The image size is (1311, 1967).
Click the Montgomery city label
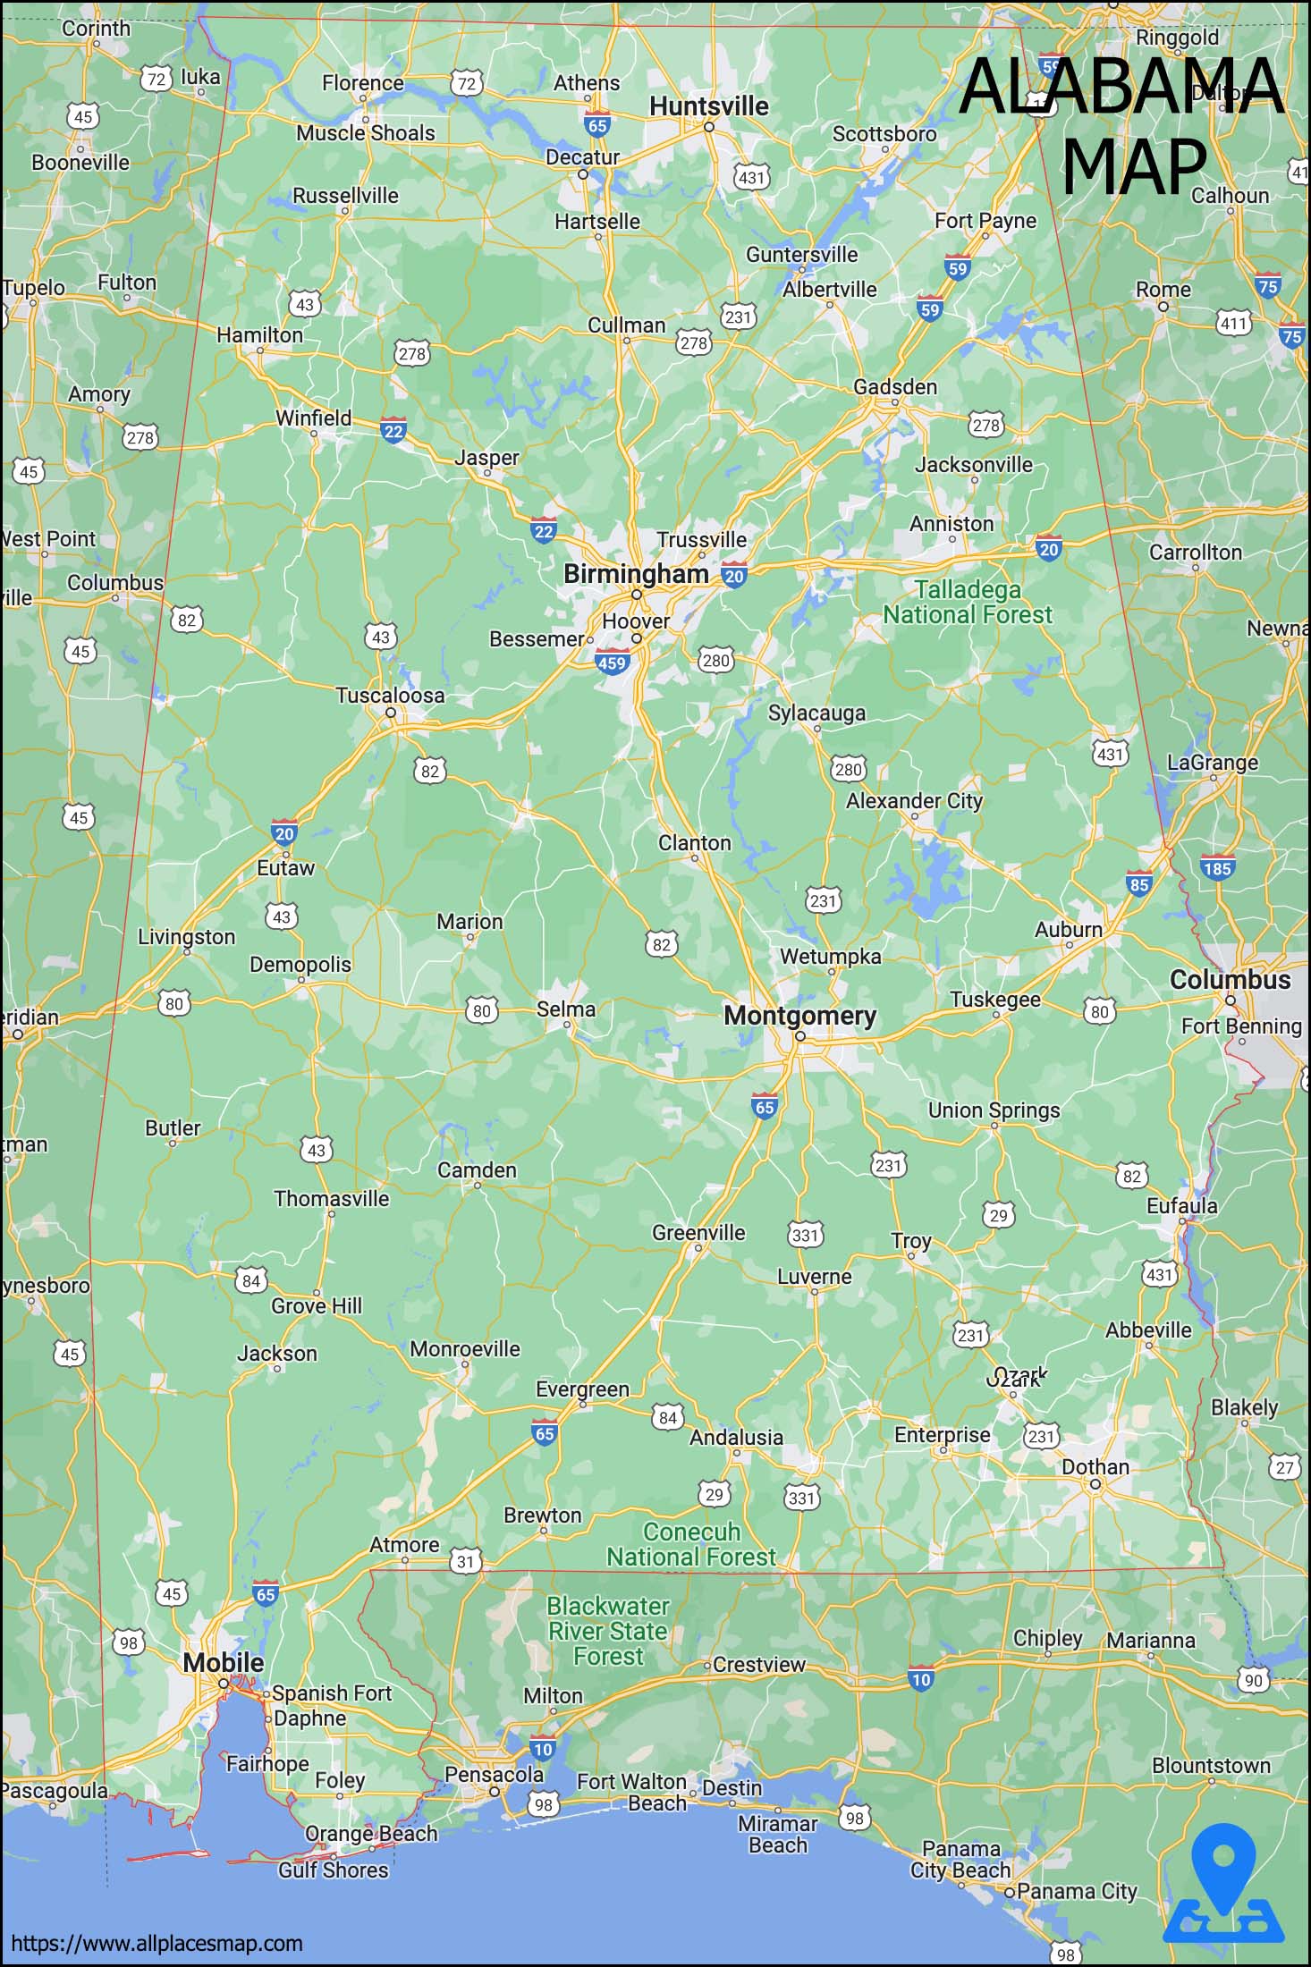[799, 1016]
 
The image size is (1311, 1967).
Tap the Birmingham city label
[636, 574]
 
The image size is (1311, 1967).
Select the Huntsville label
[708, 106]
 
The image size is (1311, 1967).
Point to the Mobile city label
[224, 1663]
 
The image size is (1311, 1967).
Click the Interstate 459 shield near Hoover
[612, 663]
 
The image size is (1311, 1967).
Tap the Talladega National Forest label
[968, 603]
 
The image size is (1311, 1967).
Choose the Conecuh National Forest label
[691, 1545]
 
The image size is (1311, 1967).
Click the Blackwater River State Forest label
[608, 1632]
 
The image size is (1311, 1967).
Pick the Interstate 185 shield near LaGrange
[1217, 868]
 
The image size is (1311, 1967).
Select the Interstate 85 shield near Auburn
[1138, 885]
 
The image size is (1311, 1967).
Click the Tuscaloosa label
[390, 696]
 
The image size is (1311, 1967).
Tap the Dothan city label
[1095, 1467]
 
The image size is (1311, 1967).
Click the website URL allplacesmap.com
[156, 1943]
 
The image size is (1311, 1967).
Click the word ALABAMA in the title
[1121, 86]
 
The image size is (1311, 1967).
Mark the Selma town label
[565, 1009]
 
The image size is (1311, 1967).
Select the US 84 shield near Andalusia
[668, 1418]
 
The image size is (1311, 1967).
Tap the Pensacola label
[494, 1774]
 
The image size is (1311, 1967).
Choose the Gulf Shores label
[333, 1870]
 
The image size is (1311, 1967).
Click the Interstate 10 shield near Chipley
[920, 1679]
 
